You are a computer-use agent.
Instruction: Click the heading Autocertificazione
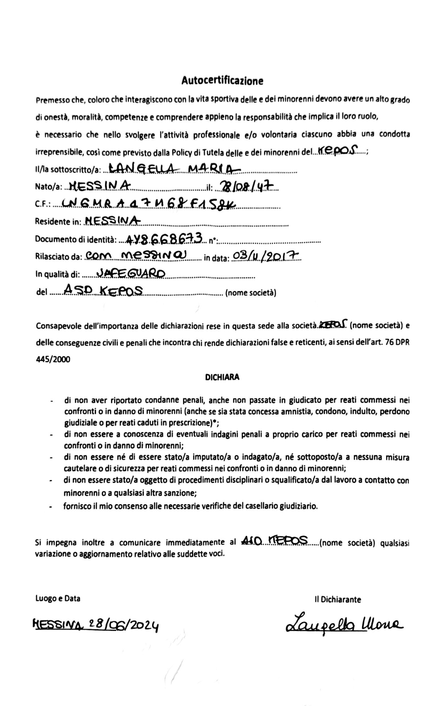pyautogui.click(x=222, y=81)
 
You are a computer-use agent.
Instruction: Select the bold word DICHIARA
pyautogui.click(x=222, y=377)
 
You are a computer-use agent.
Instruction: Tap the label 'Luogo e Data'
pyautogui.click(x=58, y=598)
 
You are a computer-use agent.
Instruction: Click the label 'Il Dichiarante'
pyautogui.click(x=338, y=599)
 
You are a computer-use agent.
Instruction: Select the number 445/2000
pyautogui.click(x=53, y=359)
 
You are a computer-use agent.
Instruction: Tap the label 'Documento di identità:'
pyautogui.click(x=75, y=239)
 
